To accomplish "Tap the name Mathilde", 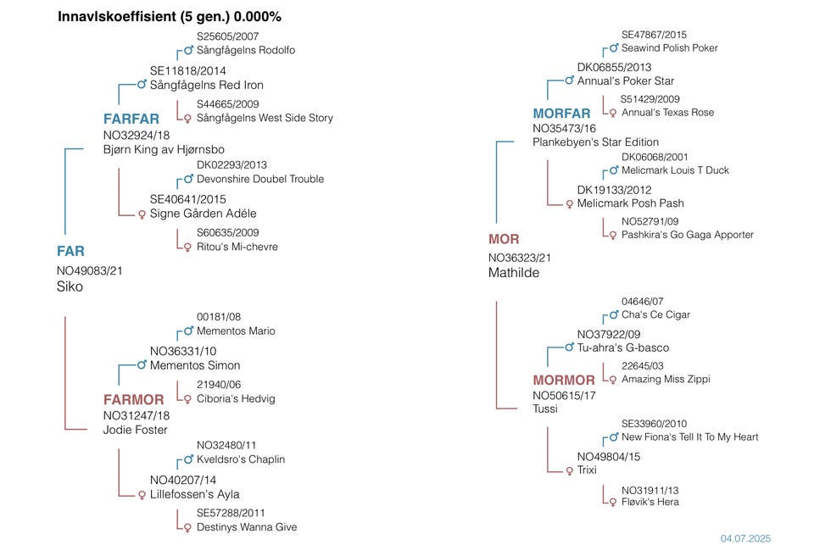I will (514, 273).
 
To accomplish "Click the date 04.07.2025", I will (746, 538).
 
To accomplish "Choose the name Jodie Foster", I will (136, 430).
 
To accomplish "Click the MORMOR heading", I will (564, 380).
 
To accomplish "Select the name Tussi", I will (545, 409).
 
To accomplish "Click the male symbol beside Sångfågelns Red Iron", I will (142, 85).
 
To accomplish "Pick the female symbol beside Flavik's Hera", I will (612, 502).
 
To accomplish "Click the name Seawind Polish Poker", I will (669, 48).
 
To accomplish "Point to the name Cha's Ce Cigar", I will (655, 314).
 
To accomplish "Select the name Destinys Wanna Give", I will (247, 527).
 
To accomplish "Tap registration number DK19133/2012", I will (615, 190).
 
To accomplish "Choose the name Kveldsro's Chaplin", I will (241, 459).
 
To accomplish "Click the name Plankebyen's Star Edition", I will (595, 142).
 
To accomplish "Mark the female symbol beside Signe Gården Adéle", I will (142, 214).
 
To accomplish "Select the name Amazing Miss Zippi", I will (666, 379).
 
